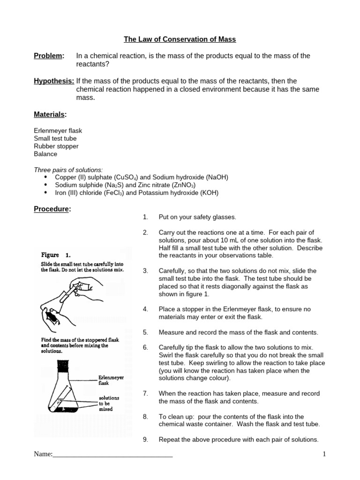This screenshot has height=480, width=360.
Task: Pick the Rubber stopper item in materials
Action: click(x=56, y=146)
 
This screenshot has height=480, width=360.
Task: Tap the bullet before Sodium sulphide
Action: click(x=45, y=185)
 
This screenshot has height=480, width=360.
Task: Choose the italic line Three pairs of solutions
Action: click(x=68, y=170)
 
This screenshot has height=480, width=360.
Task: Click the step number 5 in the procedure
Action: click(x=145, y=332)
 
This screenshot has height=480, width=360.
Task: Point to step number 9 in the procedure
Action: click(x=145, y=440)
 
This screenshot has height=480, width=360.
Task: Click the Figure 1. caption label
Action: click(x=55, y=255)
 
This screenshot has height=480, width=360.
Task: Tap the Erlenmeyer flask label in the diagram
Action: click(x=111, y=380)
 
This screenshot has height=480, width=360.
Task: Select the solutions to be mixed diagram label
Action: click(x=108, y=403)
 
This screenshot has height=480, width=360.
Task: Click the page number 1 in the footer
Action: click(x=324, y=454)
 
